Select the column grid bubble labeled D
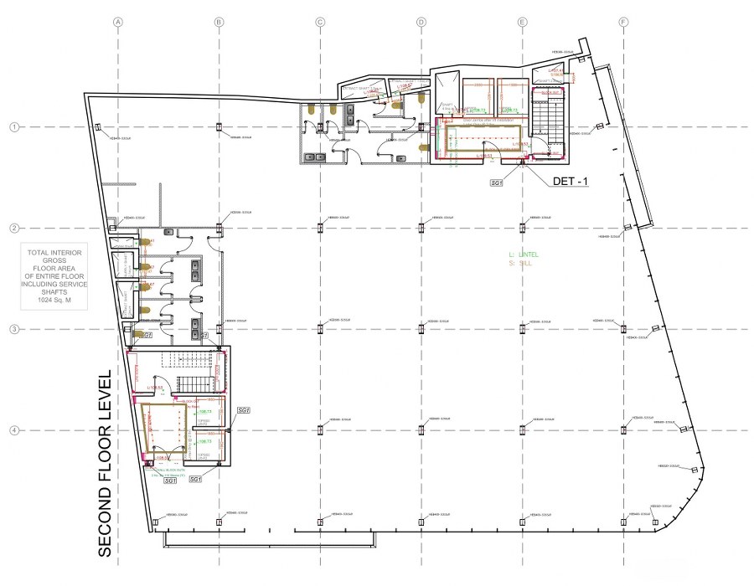[x=421, y=22]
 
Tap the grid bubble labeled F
[x=623, y=22]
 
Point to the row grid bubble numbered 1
[x=13, y=127]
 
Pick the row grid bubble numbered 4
[x=13, y=430]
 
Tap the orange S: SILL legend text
[x=519, y=263]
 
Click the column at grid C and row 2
[x=320, y=227]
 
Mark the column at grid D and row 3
[x=421, y=329]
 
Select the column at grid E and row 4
[x=522, y=429]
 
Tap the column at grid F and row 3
[x=623, y=329]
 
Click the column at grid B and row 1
[x=219, y=127]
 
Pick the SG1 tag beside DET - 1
[x=497, y=181]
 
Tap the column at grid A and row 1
[x=98, y=126]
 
